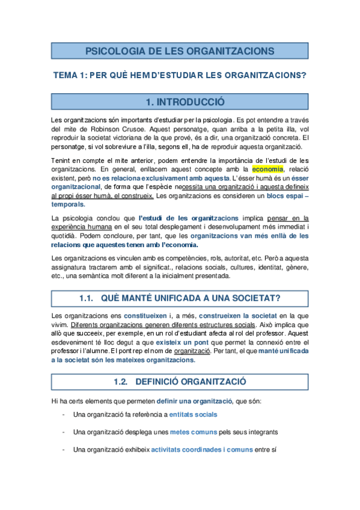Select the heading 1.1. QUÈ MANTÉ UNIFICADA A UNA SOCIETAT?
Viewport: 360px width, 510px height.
point(180,298)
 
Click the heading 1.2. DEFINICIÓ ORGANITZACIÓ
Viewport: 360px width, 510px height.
point(180,381)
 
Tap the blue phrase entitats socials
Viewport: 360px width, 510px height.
point(193,414)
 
